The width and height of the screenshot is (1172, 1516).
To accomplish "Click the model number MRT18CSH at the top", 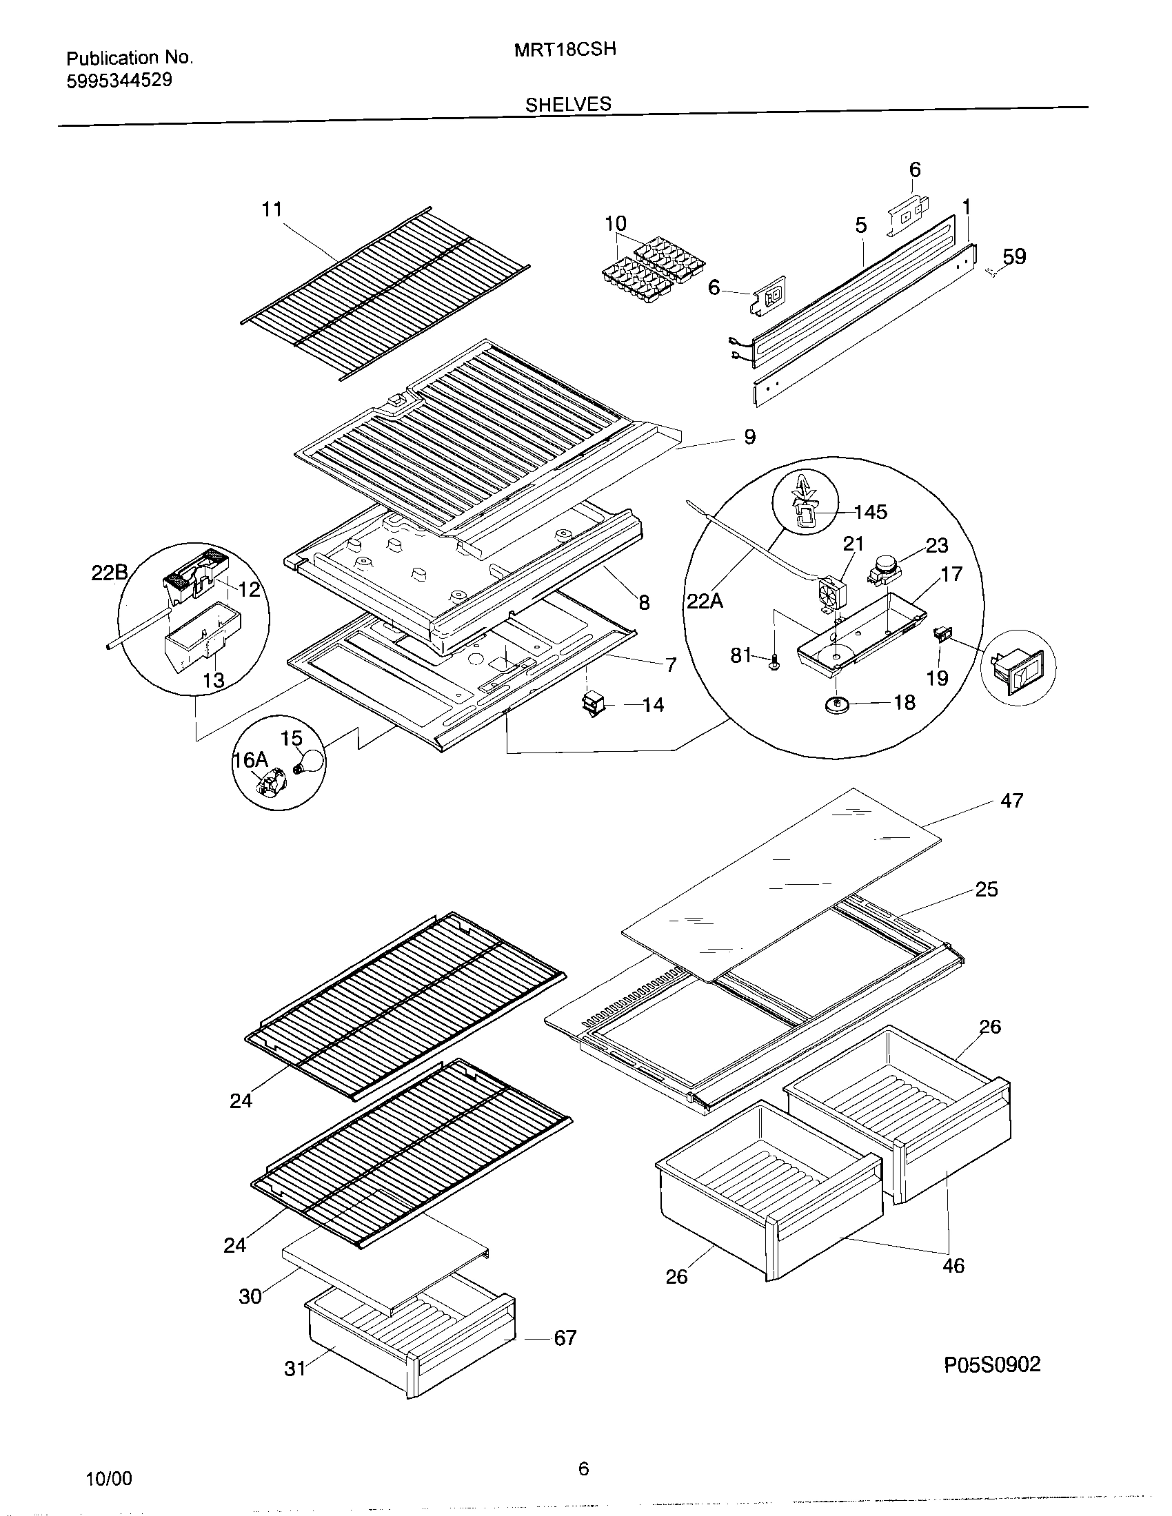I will click(565, 50).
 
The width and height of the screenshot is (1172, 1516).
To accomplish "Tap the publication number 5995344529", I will click(119, 81).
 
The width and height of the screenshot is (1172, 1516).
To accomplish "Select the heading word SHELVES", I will click(568, 105).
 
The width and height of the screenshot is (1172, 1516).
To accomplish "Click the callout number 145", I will click(870, 512).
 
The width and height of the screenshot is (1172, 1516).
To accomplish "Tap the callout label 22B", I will click(110, 573).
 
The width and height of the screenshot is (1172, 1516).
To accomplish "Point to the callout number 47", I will click(1011, 801).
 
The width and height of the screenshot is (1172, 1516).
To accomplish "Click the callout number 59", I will click(1013, 257).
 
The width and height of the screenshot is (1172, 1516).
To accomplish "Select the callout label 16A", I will click(250, 760).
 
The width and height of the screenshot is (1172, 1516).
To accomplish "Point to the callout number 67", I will click(565, 1338).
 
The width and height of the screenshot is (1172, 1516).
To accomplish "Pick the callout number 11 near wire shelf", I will click(272, 209).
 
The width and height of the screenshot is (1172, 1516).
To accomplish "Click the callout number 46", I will click(953, 1266).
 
